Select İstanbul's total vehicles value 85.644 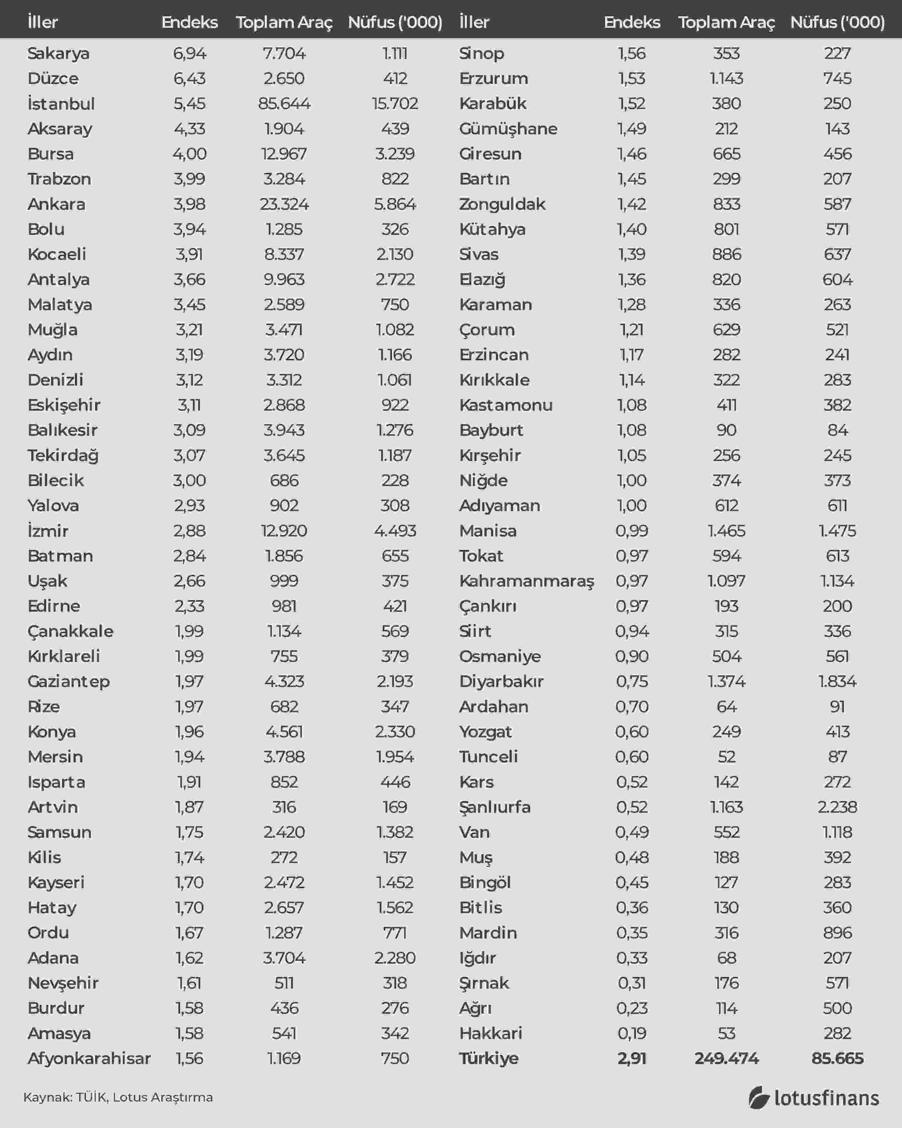pos(284,104)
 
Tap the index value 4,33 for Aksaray pos(189,129)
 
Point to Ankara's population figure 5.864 pos(395,204)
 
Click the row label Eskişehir pos(64,405)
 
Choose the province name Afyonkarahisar pos(89,1058)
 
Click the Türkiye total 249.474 pos(726,1058)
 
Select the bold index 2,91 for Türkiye pos(632,1058)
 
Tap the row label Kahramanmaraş pos(527,581)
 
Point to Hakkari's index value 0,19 pos(632,1033)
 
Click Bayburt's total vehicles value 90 pos(726,430)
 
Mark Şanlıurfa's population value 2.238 pos(837,807)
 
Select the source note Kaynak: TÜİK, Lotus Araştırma pos(118,1097)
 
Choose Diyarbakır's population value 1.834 pos(837,681)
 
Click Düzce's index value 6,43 pos(189,78)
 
